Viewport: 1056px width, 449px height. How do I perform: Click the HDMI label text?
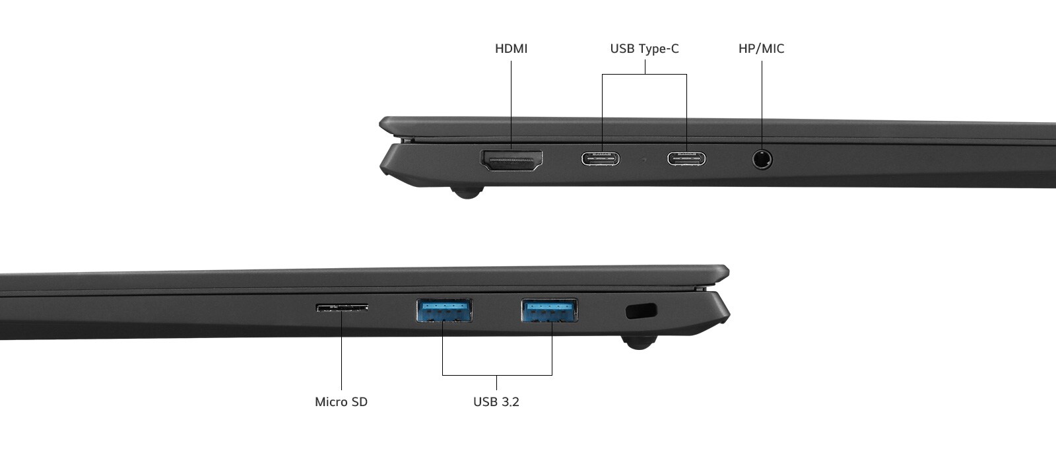[511, 49]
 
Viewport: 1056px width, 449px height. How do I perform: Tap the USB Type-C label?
[644, 49]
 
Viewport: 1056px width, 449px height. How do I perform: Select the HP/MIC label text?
[762, 49]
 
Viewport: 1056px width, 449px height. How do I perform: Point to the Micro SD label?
[341, 402]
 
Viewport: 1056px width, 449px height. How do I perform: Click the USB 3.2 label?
[496, 402]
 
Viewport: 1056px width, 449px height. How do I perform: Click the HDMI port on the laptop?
[511, 160]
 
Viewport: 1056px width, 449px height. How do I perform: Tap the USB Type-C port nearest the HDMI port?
[601, 159]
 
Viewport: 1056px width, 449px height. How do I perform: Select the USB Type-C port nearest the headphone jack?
[686, 159]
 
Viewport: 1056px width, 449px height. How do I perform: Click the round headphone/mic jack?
[762, 159]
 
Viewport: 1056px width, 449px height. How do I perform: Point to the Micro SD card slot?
[342, 308]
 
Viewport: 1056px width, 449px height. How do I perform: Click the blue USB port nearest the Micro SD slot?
[444, 310]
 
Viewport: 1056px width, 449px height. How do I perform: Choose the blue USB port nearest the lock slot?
[550, 310]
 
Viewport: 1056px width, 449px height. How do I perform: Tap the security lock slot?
[641, 311]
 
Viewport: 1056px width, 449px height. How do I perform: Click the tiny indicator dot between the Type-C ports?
[644, 159]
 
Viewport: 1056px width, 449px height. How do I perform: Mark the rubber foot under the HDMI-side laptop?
[467, 192]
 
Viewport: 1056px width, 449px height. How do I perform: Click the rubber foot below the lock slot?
[639, 342]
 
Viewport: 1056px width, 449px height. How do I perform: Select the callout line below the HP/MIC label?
[762, 106]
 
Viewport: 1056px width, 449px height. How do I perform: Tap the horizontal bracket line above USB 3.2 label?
[497, 375]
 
